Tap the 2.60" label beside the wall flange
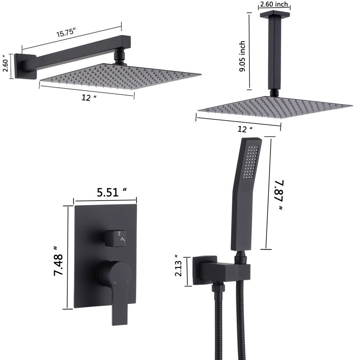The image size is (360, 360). pos(6,64)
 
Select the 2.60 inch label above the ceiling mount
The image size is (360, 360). pos(274,5)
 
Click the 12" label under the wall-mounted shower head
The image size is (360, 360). pos(86,98)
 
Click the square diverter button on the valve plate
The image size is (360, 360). pos(116,238)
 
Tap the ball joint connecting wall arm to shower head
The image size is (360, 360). pos(118,58)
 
